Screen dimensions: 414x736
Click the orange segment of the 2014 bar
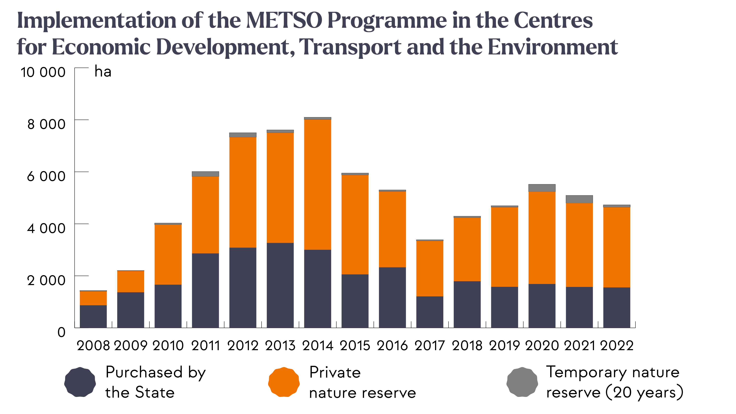[318, 184]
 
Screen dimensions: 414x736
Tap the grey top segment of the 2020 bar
[542, 188]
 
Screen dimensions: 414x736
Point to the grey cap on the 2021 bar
[579, 199]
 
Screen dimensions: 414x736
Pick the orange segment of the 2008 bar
[93, 298]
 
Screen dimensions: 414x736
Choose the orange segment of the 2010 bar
[168, 254]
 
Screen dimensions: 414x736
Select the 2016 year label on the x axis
[392, 346]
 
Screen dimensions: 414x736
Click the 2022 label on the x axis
[617, 346]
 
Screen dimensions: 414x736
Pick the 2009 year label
[131, 346]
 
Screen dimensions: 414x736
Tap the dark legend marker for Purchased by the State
[80, 382]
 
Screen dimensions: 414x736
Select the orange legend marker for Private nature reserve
[284, 382]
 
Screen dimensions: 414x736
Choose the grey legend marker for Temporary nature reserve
[522, 382]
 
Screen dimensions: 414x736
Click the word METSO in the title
[284, 21]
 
